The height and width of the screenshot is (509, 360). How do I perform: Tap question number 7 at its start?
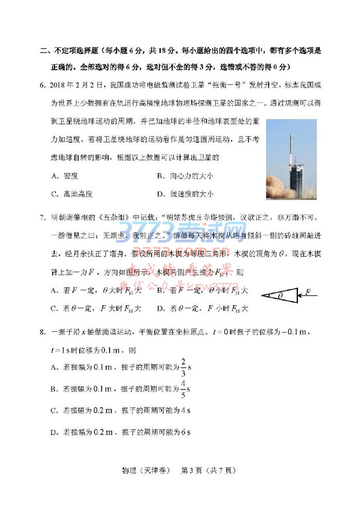tap(43, 216)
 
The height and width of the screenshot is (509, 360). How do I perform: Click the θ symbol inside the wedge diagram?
tap(281, 296)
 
